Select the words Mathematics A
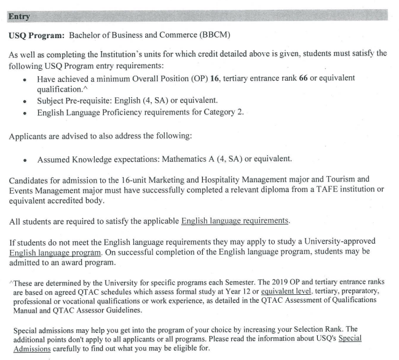[188, 159]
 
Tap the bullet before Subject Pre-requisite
[24, 102]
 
